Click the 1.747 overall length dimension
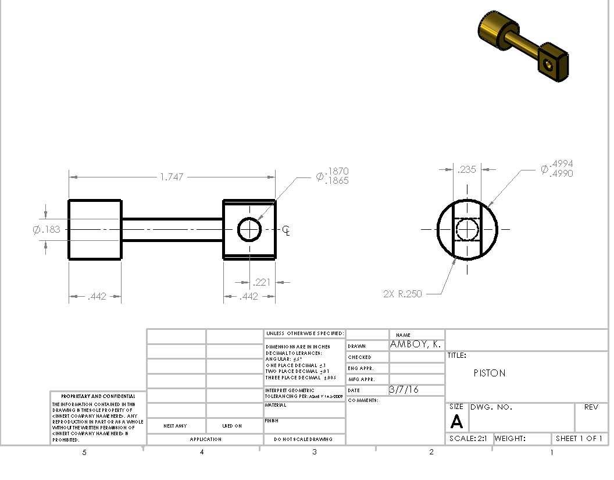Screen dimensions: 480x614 click(x=172, y=177)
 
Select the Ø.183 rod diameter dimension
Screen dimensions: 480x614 click(x=47, y=229)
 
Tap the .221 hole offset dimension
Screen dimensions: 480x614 click(x=262, y=283)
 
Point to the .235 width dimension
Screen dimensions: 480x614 click(x=467, y=170)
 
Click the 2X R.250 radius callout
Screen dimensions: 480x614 click(x=402, y=294)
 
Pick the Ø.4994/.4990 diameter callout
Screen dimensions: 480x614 click(x=557, y=169)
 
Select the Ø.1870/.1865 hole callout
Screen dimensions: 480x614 click(x=333, y=176)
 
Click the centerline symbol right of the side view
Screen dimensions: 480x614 click(x=286, y=230)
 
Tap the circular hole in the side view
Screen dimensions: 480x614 click(x=249, y=229)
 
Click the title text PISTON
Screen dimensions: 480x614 click(x=490, y=373)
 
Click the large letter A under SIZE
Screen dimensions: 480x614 click(x=456, y=422)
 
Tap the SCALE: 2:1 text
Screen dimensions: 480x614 click(x=468, y=439)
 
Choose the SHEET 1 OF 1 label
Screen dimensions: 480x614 click(x=579, y=439)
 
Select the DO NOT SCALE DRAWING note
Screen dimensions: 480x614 click(x=303, y=439)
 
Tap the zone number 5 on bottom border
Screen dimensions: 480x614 click(x=84, y=452)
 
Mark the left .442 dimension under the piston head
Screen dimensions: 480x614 click(x=97, y=297)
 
